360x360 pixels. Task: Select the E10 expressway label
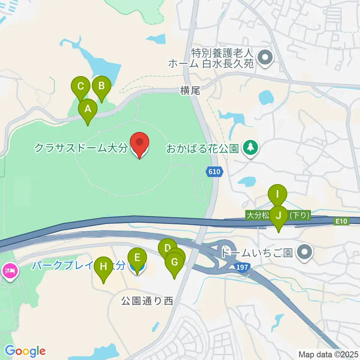click(x=341, y=222)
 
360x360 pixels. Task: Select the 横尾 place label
click(x=190, y=90)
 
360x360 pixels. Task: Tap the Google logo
click(x=25, y=351)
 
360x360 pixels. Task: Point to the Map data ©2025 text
click(x=328, y=354)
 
